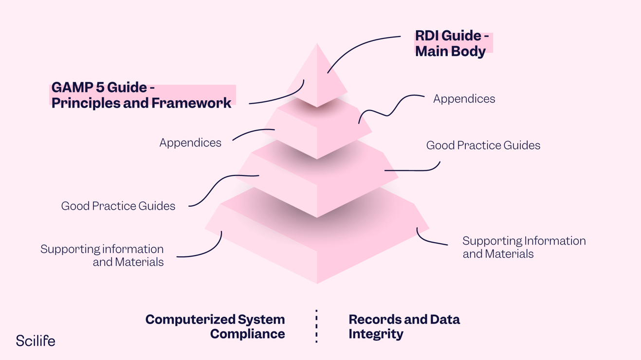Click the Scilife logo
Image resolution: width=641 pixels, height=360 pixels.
36,341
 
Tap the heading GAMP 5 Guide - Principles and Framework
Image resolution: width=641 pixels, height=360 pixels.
141,95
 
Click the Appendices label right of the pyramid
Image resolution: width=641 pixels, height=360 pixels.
464,99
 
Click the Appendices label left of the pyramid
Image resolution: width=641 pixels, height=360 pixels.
190,143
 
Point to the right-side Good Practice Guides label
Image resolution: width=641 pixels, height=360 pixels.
483,145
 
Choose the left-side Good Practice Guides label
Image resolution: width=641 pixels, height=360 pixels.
118,206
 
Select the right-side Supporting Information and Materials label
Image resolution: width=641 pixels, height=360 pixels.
523,247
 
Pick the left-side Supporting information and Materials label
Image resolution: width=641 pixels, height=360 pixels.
102,255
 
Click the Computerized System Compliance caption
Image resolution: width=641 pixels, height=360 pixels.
215,326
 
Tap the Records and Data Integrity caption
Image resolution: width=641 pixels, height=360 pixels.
403,326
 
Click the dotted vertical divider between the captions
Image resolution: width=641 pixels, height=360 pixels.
316,326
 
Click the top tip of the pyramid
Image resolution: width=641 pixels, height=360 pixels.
317,45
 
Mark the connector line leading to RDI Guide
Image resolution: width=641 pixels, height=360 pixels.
360,46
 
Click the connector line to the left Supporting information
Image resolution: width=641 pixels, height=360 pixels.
204,252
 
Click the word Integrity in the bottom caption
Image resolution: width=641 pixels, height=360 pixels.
376,334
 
